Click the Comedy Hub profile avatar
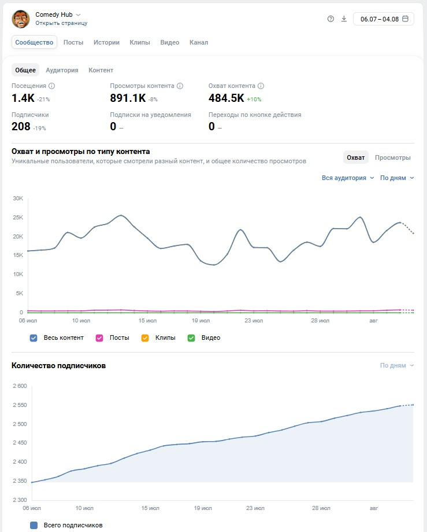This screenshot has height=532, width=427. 21,19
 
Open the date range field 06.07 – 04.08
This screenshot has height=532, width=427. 383,19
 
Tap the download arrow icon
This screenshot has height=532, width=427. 344,19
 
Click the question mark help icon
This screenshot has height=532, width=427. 331,19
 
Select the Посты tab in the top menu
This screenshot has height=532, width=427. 73,42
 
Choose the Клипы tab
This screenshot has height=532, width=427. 140,42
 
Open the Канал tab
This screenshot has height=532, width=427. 199,42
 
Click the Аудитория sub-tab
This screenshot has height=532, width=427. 62,70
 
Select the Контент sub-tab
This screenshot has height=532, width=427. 101,70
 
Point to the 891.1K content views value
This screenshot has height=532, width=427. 128,98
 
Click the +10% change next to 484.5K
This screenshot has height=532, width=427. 254,100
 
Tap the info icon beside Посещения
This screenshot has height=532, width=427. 51,86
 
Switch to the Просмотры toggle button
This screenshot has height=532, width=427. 392,157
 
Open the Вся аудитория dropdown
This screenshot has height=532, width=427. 348,178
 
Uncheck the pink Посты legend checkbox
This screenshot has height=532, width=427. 99,338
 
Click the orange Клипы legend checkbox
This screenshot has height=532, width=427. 145,338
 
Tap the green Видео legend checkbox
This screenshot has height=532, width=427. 191,338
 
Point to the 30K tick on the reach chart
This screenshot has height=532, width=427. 18,199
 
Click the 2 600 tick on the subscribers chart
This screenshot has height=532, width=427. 20,386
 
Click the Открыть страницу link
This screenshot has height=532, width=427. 61,23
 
